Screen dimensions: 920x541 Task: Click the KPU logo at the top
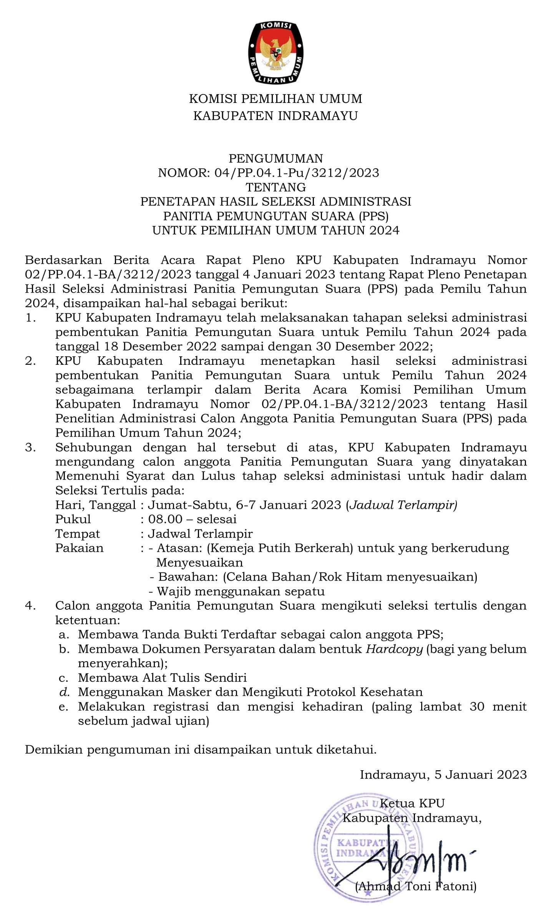pyautogui.click(x=275, y=53)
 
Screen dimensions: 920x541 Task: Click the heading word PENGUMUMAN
pyautogui.click(x=275, y=158)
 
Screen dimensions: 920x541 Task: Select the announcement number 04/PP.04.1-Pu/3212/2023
pyautogui.click(x=297, y=173)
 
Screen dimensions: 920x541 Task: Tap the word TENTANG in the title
pyautogui.click(x=275, y=187)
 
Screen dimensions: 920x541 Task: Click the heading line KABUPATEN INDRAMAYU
pyautogui.click(x=275, y=116)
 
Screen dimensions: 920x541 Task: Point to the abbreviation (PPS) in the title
pyautogui.click(x=373, y=216)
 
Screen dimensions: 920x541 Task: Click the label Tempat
pyautogui.click(x=77, y=534)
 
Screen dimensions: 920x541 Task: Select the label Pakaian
pyautogui.click(x=79, y=548)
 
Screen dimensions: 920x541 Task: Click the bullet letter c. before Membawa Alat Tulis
pyautogui.click(x=63, y=678)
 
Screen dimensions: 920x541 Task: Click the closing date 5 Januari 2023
pyautogui.click(x=480, y=774)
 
